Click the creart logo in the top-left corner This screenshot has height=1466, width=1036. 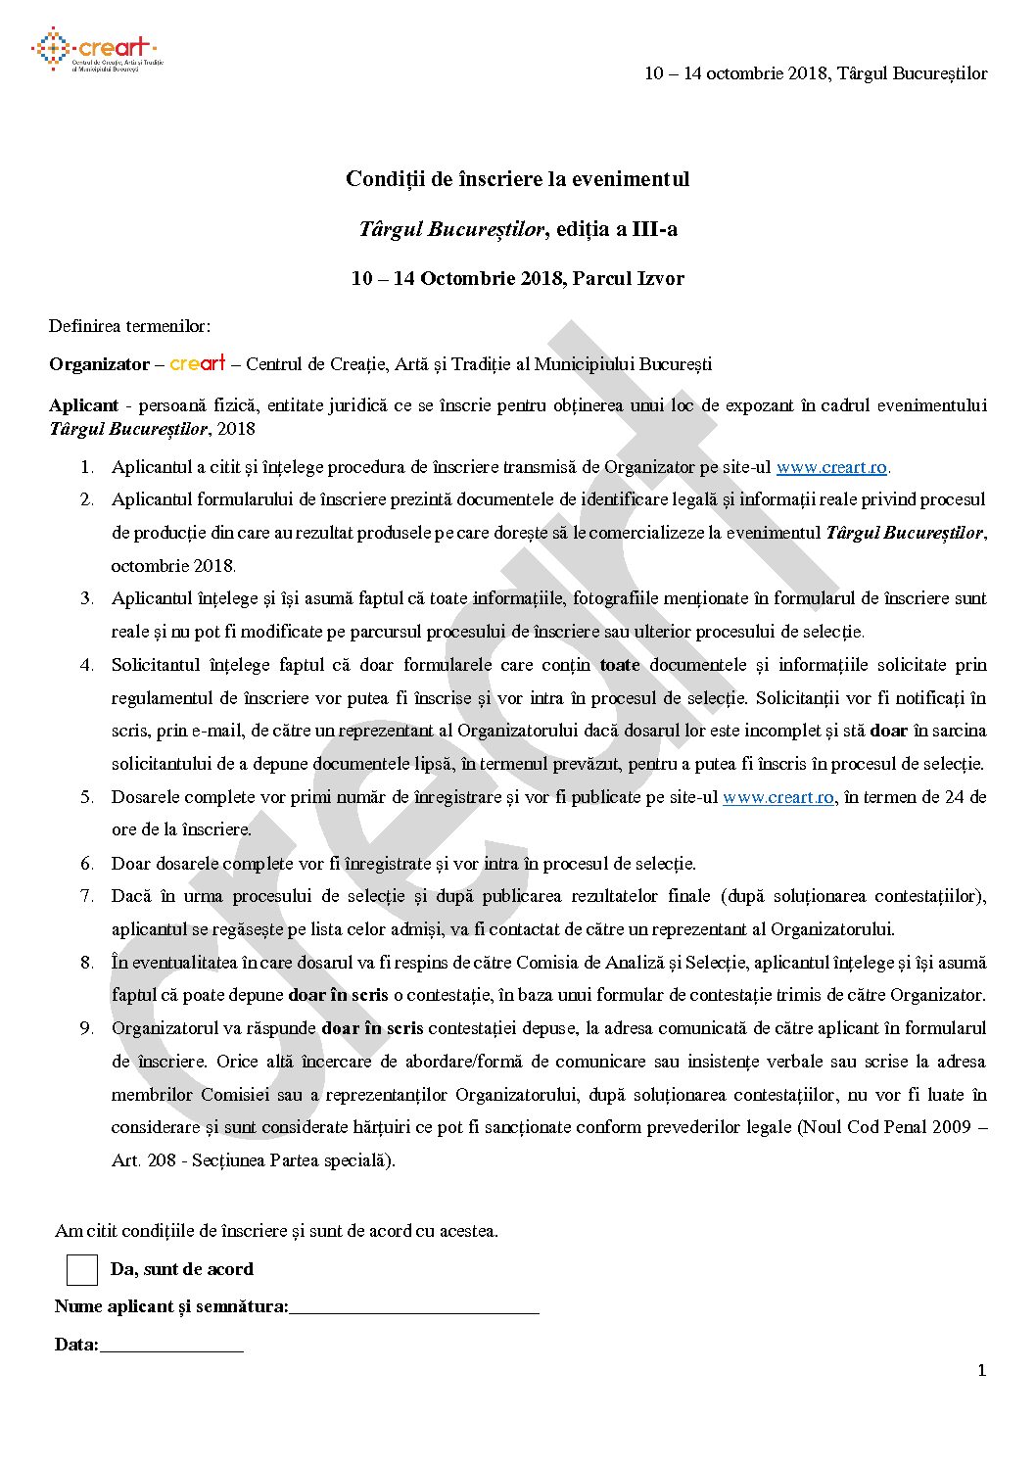(x=95, y=51)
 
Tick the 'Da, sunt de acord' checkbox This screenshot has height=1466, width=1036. (x=82, y=1269)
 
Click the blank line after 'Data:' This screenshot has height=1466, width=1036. (x=171, y=1347)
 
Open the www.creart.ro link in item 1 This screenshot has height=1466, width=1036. (x=831, y=467)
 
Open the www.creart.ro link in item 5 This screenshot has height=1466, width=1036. (x=777, y=797)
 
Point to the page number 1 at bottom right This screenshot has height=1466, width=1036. (x=981, y=1371)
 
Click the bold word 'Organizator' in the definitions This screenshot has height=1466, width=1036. (x=99, y=364)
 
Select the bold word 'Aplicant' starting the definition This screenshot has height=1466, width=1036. (x=83, y=405)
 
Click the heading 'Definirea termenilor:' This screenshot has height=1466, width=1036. (x=130, y=326)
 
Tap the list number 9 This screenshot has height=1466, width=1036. (x=87, y=1028)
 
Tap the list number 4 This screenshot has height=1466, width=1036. (x=87, y=665)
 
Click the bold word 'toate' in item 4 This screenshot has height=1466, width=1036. (x=619, y=665)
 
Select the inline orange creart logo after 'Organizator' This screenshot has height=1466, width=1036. (x=198, y=363)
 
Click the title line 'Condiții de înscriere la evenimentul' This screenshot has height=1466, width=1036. (x=517, y=179)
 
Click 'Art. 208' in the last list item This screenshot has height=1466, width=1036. (x=142, y=1160)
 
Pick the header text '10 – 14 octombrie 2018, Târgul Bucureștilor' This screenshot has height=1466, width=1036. (x=815, y=73)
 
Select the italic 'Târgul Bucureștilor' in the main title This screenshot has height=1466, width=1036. (x=450, y=229)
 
